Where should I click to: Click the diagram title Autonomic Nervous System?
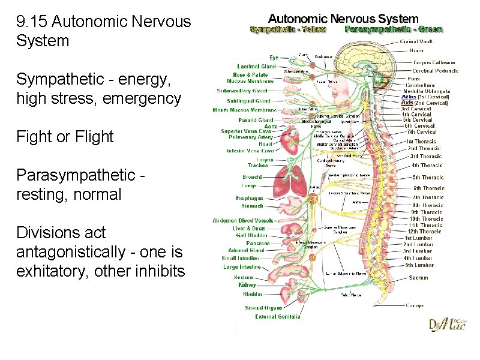(343, 19)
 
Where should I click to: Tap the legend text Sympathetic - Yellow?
(288, 29)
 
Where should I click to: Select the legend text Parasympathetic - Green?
(394, 29)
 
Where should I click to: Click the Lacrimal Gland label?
(256, 67)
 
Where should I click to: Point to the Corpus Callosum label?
(434, 62)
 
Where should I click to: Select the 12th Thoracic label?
(425, 232)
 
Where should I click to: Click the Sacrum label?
(419, 278)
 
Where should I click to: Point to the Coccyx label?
(414, 305)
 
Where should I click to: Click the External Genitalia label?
(278, 317)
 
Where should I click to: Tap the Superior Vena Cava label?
(248, 131)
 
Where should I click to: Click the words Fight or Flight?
(65, 137)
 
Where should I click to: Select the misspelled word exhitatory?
(50, 271)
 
